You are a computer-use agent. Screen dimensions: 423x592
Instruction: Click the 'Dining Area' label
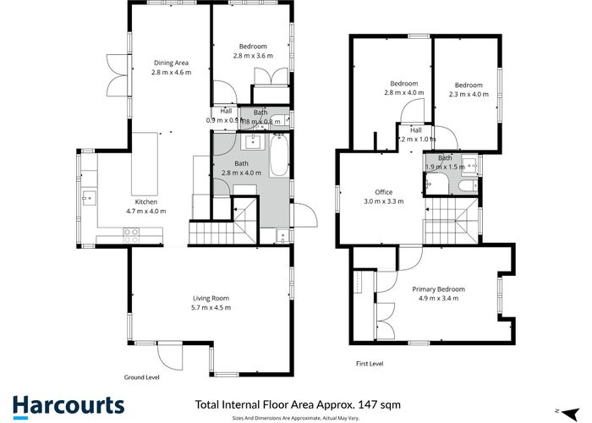(171, 62)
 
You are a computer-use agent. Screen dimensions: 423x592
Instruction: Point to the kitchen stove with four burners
(132, 239)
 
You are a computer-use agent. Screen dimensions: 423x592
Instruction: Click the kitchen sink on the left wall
(88, 199)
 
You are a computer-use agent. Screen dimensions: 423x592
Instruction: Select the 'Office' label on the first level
(383, 192)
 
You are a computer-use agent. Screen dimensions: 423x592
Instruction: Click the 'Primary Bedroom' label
(438, 288)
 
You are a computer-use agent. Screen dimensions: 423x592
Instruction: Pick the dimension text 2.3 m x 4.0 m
(469, 95)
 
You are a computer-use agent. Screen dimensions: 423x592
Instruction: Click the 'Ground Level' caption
(142, 376)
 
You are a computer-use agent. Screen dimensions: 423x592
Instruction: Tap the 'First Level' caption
(369, 363)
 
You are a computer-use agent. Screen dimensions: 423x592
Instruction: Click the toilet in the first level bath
(472, 184)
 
